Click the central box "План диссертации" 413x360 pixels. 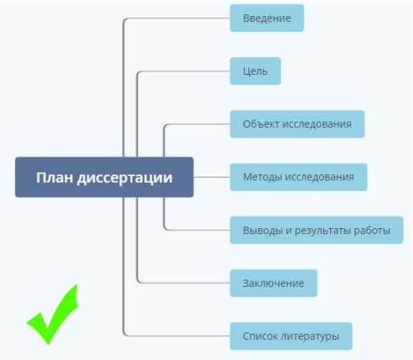[x=104, y=177]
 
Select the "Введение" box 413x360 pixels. [x=267, y=18]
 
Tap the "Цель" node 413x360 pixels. [x=256, y=71]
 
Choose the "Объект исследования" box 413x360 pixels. [x=296, y=125]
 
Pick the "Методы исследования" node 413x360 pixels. [x=298, y=177]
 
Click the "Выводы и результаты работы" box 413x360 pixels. [x=316, y=230]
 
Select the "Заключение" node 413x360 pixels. [x=273, y=283]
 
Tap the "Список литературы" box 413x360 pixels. [x=291, y=335]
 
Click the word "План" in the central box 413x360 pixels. [x=54, y=177]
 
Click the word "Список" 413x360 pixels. [x=260, y=335]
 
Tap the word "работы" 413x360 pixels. [x=375, y=230]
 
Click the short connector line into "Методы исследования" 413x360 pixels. [x=211, y=177]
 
